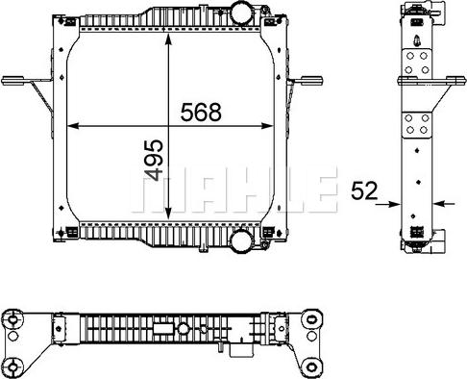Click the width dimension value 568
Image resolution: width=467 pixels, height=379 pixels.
tap(201, 112)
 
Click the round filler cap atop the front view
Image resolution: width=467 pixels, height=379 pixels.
tap(238, 14)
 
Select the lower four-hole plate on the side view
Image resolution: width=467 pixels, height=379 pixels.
tap(417, 127)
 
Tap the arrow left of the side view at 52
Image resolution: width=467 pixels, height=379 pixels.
tap(393, 203)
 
